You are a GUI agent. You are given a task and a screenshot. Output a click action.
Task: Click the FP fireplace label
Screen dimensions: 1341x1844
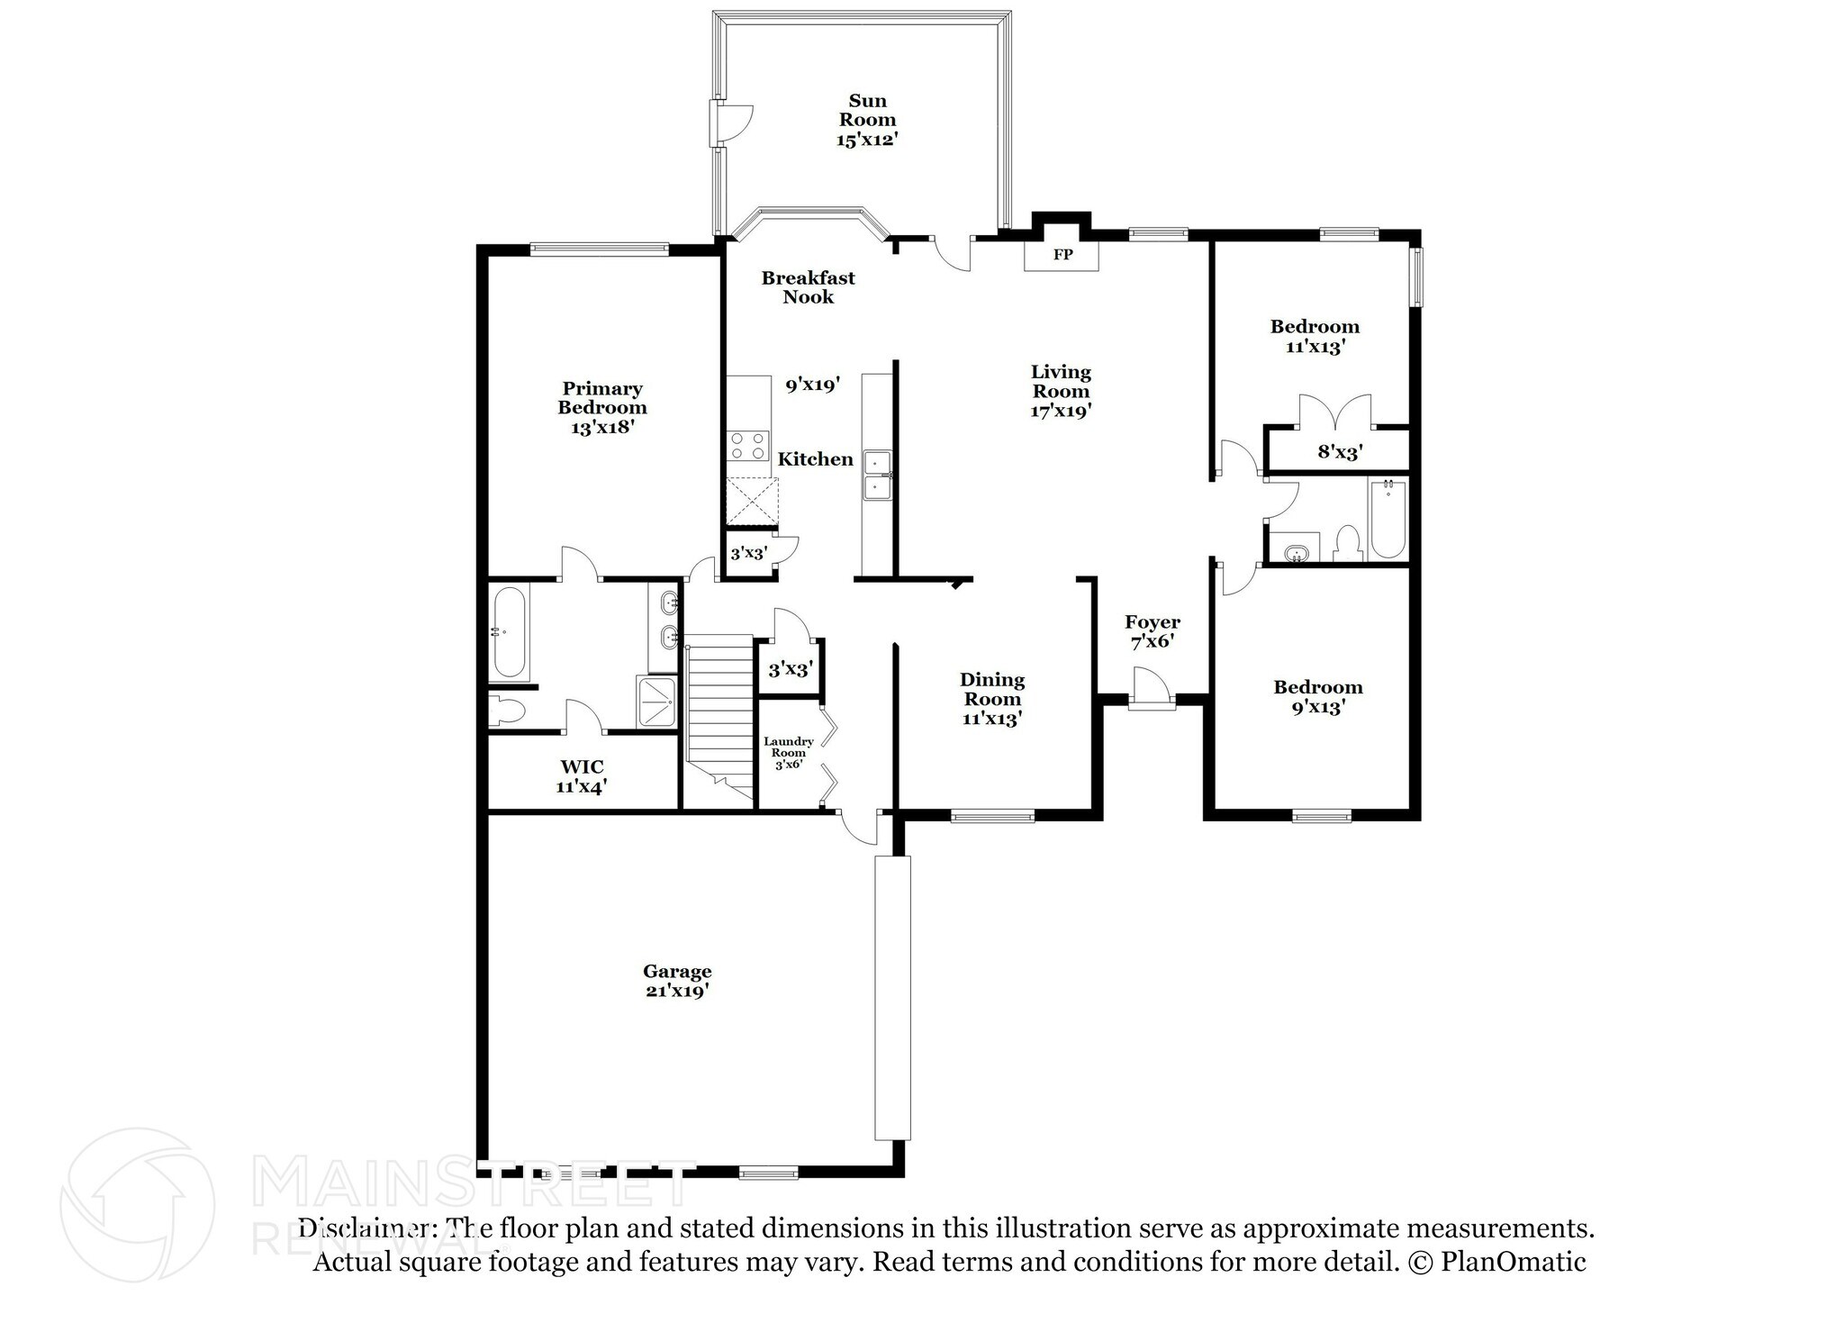(x=1062, y=255)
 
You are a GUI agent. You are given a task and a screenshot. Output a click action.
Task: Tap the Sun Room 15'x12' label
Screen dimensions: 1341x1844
(x=867, y=120)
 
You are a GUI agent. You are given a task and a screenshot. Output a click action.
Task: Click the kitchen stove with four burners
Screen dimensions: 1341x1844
(x=748, y=446)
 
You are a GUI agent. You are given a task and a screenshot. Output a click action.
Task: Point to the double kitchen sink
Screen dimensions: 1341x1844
(x=876, y=475)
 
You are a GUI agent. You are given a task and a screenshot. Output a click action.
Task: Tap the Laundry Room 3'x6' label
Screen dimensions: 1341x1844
(x=789, y=753)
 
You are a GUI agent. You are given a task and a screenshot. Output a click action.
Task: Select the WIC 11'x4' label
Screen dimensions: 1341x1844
(x=582, y=776)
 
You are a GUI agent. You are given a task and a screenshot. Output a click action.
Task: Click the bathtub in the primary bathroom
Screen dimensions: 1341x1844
(x=509, y=632)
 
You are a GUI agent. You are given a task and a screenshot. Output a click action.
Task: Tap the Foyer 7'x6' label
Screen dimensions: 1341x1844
(x=1152, y=631)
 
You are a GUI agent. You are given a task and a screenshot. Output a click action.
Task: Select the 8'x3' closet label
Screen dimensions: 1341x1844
(x=1340, y=452)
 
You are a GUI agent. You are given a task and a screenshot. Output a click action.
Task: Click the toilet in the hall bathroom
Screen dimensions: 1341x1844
(x=1347, y=544)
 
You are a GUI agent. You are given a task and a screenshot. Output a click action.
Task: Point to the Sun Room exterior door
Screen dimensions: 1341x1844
(x=729, y=123)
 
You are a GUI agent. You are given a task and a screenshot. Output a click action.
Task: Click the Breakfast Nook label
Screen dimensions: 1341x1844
(x=808, y=287)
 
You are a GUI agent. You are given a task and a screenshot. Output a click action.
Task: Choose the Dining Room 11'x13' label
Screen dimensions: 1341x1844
(x=991, y=699)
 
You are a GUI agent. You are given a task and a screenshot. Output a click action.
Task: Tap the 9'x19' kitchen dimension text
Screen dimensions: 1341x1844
(x=812, y=385)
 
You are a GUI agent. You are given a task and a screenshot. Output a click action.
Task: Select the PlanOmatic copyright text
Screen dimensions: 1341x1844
(x=1496, y=1262)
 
